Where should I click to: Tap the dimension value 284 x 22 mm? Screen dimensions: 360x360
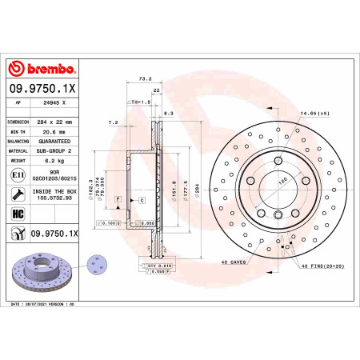(55, 122)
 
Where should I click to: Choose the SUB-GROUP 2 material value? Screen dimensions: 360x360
(55, 150)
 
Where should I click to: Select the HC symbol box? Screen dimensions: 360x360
(17, 213)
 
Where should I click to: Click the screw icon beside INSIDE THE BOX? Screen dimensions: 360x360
(17, 193)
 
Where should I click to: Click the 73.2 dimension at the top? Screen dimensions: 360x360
(146, 79)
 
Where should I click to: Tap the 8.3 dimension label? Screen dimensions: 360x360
(170, 114)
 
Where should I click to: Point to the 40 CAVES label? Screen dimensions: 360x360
(233, 262)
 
